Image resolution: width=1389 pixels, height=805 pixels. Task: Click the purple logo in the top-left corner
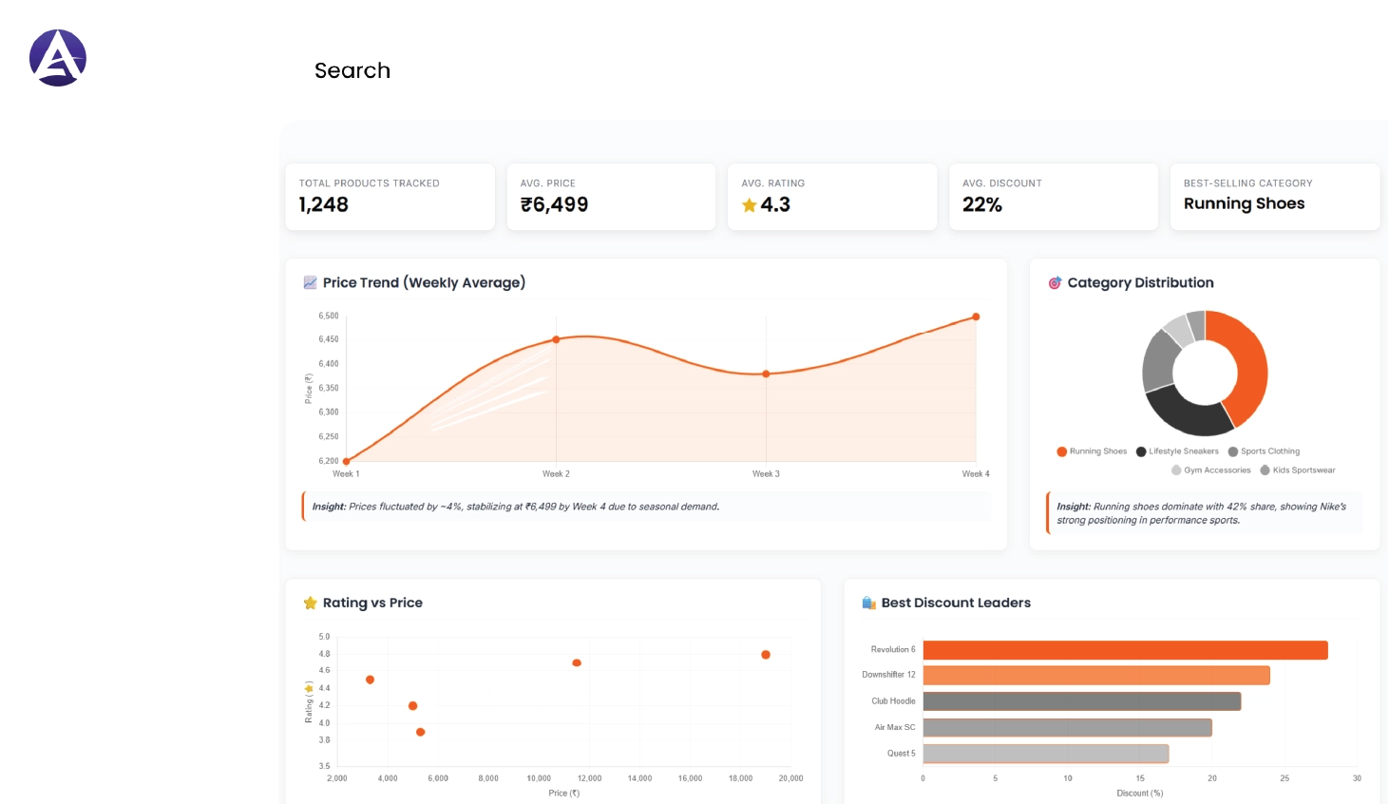[x=58, y=58]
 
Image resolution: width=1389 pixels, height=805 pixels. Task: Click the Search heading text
[x=352, y=70]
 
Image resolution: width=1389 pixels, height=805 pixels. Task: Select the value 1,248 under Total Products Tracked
[x=324, y=204]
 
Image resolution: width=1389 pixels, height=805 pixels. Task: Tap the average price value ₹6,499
[x=554, y=204]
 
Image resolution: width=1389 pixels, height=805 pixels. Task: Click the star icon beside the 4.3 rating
[x=750, y=205]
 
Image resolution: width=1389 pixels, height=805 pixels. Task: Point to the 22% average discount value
[x=982, y=204]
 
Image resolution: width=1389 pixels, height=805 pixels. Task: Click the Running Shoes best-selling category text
[x=1244, y=203]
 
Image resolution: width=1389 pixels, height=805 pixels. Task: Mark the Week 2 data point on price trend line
[x=556, y=339]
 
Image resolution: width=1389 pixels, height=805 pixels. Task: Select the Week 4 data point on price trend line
[x=976, y=317]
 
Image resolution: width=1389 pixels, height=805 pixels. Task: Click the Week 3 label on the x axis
[x=766, y=473]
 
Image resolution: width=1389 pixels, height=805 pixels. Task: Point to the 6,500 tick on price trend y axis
[x=329, y=316]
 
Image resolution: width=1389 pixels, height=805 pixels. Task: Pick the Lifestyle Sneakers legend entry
[x=1178, y=451]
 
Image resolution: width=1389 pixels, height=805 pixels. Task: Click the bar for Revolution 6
[x=1125, y=650]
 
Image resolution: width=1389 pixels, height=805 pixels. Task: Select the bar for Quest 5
[x=1045, y=754]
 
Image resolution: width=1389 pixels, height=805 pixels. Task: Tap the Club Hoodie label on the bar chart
[x=893, y=701]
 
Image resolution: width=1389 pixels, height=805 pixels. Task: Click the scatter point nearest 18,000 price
[x=766, y=655]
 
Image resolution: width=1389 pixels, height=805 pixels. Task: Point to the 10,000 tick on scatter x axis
[x=539, y=778]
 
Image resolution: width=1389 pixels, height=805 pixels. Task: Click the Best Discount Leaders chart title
[x=956, y=603]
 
